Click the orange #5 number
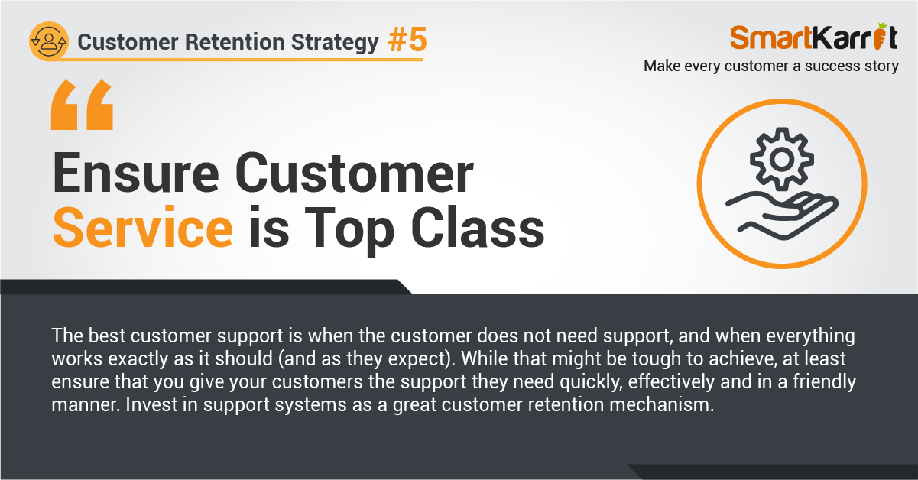tap(407, 39)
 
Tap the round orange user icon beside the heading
tap(49, 41)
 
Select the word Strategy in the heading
tap(335, 43)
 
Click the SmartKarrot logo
tap(814, 37)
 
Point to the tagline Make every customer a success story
tap(771, 66)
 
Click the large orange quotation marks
tap(82, 105)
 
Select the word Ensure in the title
tap(135, 173)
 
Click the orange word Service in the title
tap(143, 228)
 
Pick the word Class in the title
tap(478, 228)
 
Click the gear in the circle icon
tap(782, 159)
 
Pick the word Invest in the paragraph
tap(151, 404)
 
